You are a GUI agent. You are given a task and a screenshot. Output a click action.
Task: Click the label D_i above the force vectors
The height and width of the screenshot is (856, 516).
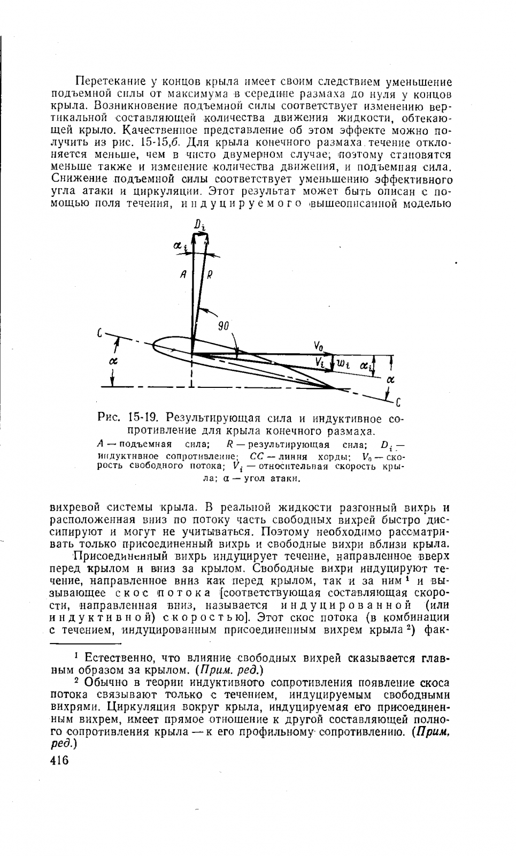click(x=200, y=225)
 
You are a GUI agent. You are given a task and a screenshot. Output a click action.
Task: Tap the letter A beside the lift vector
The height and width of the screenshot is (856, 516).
click(x=183, y=275)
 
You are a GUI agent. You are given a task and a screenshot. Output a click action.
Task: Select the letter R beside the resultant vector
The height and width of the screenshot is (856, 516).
click(x=210, y=276)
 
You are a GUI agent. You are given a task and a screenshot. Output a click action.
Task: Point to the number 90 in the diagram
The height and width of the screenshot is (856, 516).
click(x=225, y=325)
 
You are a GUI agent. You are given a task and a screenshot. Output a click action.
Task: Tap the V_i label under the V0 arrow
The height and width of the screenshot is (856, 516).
click(x=320, y=363)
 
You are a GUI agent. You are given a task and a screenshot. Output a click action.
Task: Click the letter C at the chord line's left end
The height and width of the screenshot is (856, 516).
click(x=100, y=333)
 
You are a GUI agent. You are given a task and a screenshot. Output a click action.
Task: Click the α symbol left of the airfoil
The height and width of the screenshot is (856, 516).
click(x=113, y=362)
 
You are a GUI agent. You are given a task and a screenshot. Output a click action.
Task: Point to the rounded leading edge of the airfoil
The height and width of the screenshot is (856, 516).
click(x=155, y=346)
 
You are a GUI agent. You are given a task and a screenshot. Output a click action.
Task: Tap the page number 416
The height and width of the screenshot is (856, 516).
click(x=59, y=760)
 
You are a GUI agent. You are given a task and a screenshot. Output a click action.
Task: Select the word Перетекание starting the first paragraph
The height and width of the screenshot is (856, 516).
click(x=110, y=82)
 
